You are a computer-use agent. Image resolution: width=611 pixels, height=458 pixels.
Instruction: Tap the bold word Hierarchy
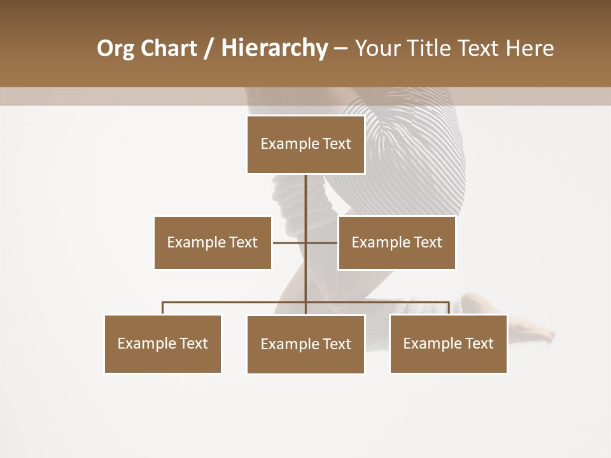[274, 48]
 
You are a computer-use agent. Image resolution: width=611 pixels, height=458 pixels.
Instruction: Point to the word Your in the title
[377, 48]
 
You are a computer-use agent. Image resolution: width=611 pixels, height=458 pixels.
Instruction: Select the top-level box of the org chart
[305, 144]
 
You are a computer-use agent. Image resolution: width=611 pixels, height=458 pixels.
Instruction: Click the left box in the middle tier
[213, 242]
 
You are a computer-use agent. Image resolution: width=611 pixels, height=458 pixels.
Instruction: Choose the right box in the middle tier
[397, 242]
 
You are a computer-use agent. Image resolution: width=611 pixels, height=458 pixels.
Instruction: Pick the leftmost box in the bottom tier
[163, 343]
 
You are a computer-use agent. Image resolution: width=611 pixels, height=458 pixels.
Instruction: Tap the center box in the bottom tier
[305, 344]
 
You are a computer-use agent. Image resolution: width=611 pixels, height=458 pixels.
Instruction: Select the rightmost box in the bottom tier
[448, 343]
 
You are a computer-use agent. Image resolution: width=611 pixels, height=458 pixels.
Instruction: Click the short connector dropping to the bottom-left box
[163, 309]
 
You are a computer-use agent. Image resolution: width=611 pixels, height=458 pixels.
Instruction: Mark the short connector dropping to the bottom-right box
[448, 309]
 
